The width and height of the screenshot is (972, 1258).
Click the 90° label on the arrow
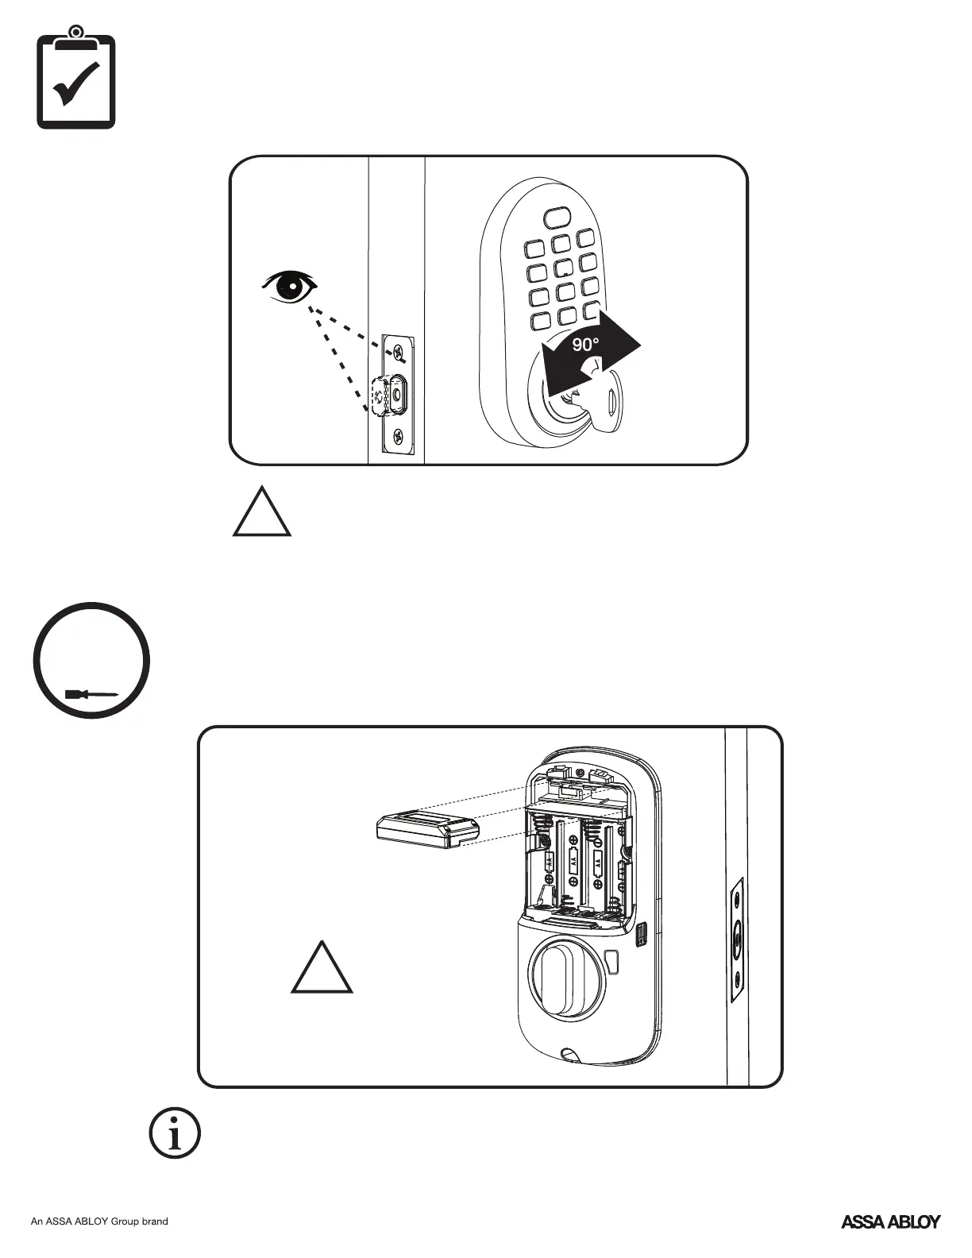point(586,345)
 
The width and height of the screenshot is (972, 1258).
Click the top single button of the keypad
point(557,217)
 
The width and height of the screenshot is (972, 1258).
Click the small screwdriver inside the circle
point(91,694)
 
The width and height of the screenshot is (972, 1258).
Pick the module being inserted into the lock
point(426,830)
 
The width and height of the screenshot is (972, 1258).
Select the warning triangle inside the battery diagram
point(322,969)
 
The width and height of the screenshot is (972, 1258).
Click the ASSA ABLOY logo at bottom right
point(890,1221)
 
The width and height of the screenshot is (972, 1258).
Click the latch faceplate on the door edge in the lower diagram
point(737,939)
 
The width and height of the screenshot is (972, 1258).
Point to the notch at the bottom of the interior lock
point(569,1055)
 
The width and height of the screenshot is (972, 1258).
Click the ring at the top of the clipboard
point(76,33)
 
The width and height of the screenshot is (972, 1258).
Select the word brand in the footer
point(155,1221)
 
